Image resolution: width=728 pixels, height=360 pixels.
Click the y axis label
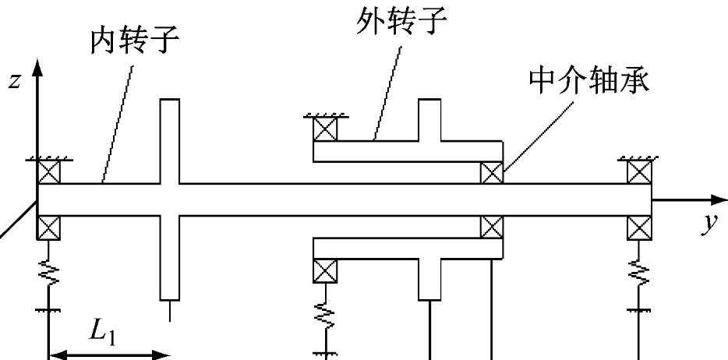coord(709,224)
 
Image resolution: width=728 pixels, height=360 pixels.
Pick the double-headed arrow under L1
coord(108,355)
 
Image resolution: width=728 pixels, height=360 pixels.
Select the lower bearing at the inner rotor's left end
coord(48,227)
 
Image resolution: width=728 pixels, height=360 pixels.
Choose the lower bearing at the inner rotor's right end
coord(639,227)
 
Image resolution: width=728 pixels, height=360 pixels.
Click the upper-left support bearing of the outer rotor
coord(323,129)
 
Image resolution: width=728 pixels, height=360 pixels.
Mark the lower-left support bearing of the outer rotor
coord(323,270)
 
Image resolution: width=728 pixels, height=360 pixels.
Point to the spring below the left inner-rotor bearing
coord(48,273)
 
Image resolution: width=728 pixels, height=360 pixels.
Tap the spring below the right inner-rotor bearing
coord(639,273)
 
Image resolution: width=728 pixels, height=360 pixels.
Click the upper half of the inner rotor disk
coord(170,140)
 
